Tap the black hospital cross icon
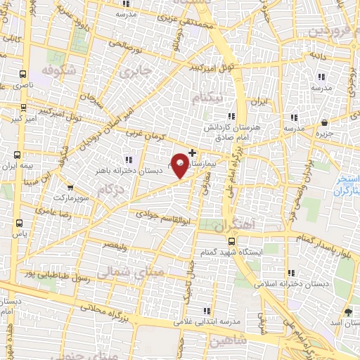tap(193, 152)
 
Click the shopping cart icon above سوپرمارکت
tap(70, 187)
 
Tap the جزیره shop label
tap(323, 132)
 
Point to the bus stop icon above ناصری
tap(24, 73)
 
